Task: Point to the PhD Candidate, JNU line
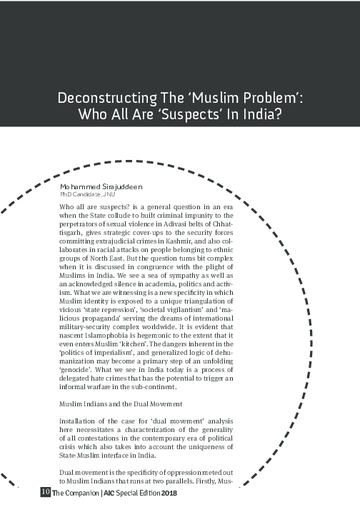(87, 194)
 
